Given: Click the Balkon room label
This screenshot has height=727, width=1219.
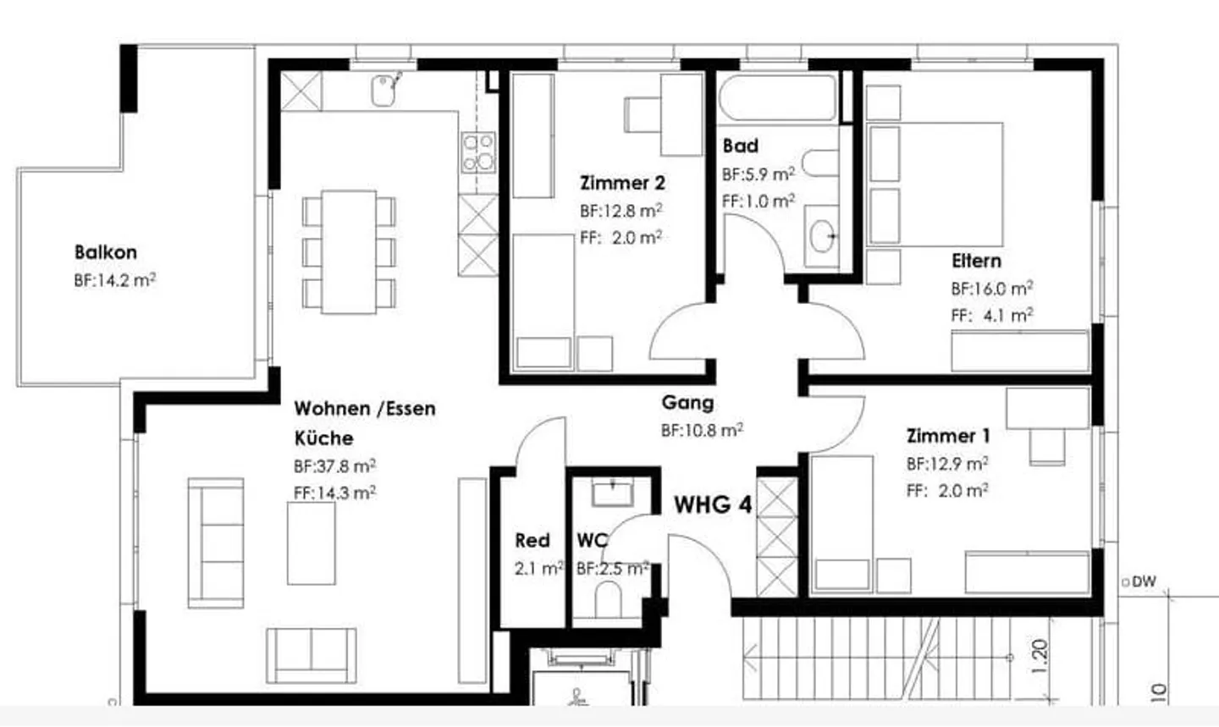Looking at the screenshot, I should click(105, 252).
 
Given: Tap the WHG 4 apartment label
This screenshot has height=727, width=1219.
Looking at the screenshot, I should click(713, 505).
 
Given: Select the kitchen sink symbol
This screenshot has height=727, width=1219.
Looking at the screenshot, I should click(386, 90).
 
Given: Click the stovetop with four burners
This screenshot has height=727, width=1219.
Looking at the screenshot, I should click(478, 152).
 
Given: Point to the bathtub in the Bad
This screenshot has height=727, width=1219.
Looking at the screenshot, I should click(777, 97).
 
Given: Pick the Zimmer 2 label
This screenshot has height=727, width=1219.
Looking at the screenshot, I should click(622, 183).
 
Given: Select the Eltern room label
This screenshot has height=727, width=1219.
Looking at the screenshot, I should click(976, 261).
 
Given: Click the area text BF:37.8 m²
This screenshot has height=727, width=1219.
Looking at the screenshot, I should click(334, 466).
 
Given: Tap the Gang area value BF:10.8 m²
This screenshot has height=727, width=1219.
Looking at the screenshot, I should click(702, 430).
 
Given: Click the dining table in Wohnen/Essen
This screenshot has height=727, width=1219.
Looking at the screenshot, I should click(349, 252).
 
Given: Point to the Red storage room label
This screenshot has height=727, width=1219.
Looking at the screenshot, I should click(532, 540).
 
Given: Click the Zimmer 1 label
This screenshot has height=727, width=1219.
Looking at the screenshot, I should click(947, 437).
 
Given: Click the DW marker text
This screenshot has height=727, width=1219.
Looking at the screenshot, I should click(1144, 582).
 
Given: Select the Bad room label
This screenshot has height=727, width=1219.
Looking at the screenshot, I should click(740, 146).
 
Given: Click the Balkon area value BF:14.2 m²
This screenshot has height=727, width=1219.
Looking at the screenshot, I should click(114, 280).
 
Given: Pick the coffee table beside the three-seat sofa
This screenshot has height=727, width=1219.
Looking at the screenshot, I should click(311, 543).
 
